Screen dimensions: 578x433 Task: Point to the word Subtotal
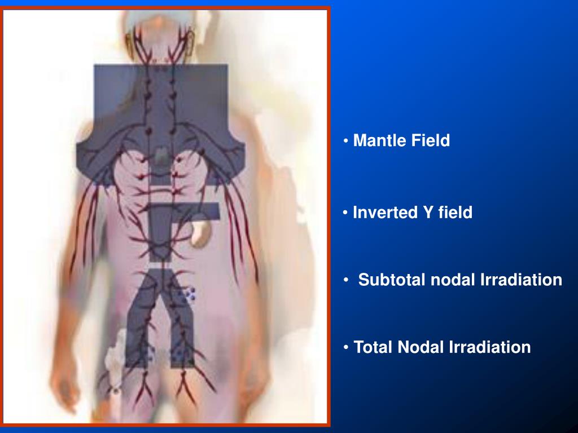(392, 280)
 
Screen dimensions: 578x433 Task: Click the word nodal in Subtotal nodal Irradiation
(453, 280)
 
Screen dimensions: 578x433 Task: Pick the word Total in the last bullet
(373, 347)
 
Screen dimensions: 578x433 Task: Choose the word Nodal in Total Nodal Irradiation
(420, 347)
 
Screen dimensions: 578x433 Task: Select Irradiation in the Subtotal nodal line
(521, 280)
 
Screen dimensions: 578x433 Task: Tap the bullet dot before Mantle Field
(346, 140)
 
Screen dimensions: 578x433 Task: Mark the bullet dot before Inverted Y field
(345, 213)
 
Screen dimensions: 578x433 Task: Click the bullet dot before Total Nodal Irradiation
(346, 347)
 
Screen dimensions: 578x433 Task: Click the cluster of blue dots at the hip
(190, 294)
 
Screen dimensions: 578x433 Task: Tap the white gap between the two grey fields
(161, 265)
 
